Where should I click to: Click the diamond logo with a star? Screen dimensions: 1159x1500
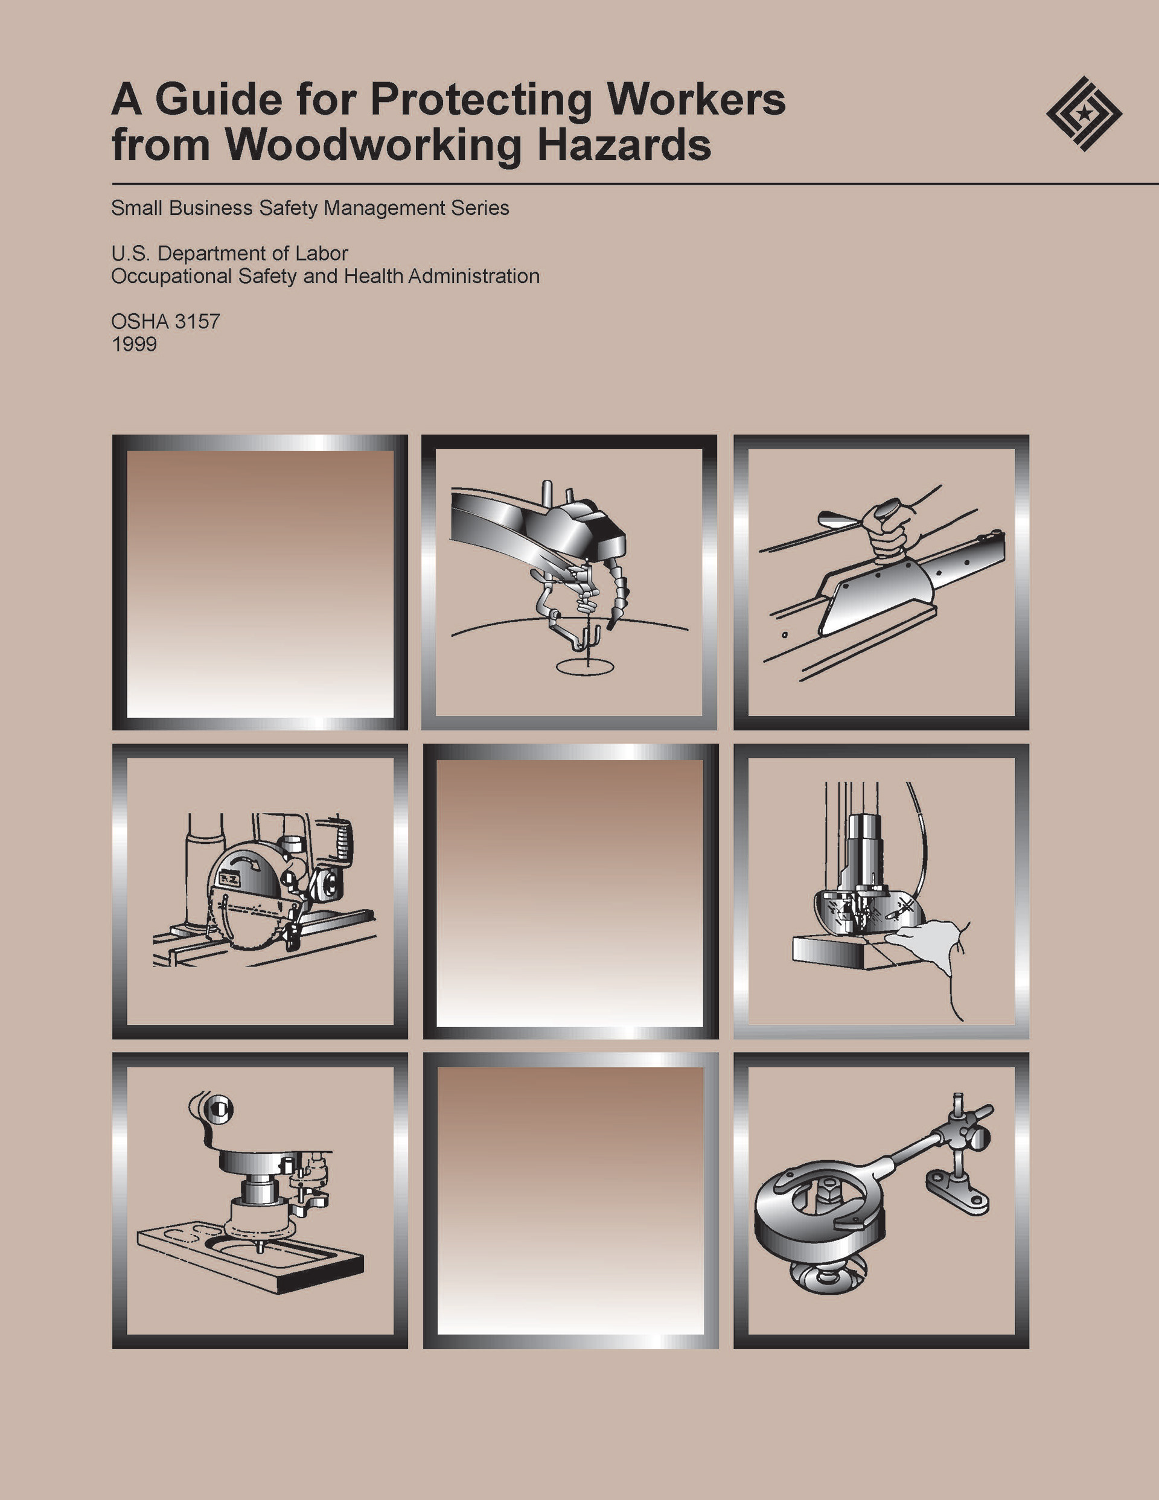1084,113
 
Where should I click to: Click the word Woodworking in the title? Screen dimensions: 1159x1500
374,145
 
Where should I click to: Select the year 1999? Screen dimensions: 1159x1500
134,344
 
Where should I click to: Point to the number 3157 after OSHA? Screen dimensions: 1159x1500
197,321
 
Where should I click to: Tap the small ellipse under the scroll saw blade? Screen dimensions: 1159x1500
585,666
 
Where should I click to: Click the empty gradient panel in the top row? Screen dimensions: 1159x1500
260,582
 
